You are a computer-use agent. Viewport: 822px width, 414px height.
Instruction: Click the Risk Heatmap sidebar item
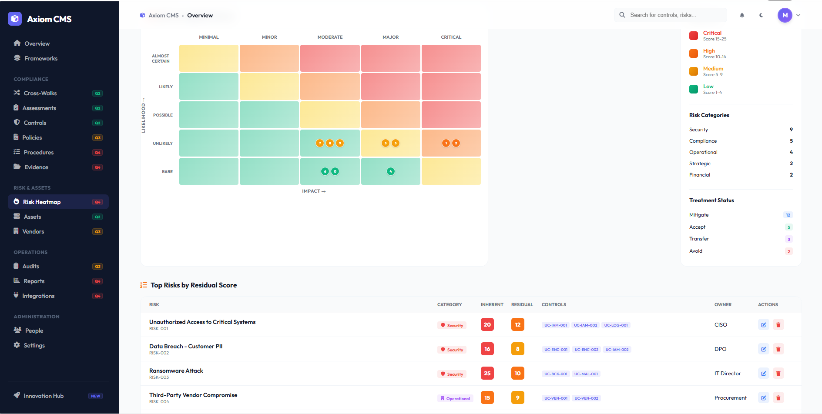click(x=42, y=202)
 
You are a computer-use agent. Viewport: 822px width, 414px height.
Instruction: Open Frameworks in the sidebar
click(x=41, y=58)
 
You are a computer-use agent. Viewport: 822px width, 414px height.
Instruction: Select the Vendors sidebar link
click(x=33, y=231)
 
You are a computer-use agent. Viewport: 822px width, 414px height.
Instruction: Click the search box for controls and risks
click(x=670, y=15)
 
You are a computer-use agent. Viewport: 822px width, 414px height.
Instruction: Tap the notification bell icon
click(x=742, y=15)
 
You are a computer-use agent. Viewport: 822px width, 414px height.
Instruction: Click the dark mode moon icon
click(x=761, y=15)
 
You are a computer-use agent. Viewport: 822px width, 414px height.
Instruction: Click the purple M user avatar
click(x=785, y=15)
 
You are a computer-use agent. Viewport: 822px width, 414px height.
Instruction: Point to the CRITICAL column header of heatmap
click(x=451, y=37)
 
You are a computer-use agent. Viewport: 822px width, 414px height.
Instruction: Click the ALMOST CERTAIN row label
click(x=161, y=58)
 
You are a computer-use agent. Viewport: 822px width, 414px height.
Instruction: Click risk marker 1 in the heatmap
click(x=446, y=143)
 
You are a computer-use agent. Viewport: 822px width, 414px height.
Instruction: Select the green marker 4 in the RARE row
click(x=391, y=171)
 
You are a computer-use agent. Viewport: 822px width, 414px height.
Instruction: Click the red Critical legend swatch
click(x=694, y=36)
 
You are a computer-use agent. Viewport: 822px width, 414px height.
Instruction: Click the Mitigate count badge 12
click(x=788, y=215)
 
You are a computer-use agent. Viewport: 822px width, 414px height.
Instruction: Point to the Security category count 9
click(x=791, y=130)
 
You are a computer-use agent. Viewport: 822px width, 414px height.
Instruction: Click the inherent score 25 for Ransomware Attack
click(x=487, y=373)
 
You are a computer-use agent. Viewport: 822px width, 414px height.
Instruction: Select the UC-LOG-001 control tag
click(x=616, y=325)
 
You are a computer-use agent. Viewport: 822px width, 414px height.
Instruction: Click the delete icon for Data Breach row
click(x=778, y=349)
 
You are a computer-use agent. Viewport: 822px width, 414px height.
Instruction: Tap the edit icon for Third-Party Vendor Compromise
click(x=763, y=397)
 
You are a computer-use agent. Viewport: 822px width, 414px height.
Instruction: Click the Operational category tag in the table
click(x=455, y=398)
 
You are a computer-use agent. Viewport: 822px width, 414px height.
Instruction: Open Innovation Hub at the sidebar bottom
click(x=44, y=396)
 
